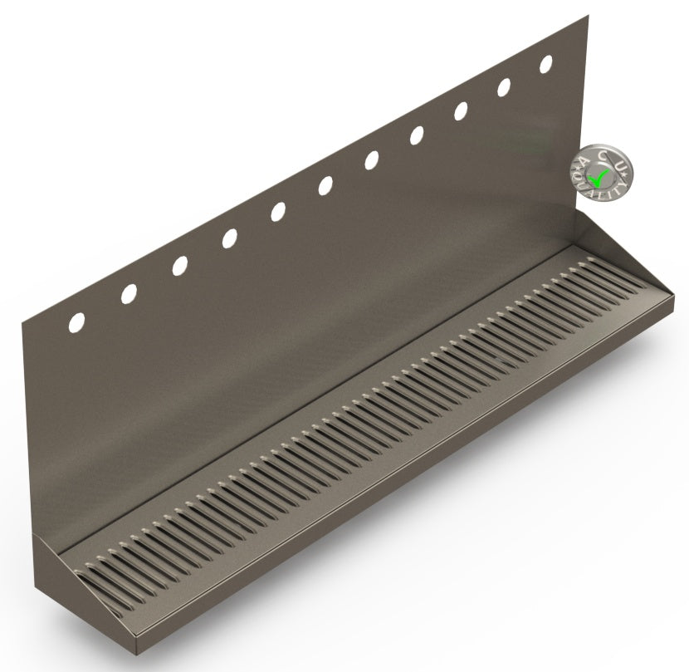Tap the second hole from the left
tap(129, 293)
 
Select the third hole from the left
tap(179, 266)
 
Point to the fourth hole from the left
tap(229, 239)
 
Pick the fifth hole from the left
tap(278, 212)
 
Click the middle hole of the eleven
tap(325, 186)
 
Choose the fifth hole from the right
tap(371, 160)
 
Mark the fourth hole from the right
tap(417, 135)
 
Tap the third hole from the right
tap(461, 111)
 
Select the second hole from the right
tap(504, 87)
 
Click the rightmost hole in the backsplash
tap(546, 63)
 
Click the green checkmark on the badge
tap(598, 177)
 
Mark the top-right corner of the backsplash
tap(588, 16)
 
